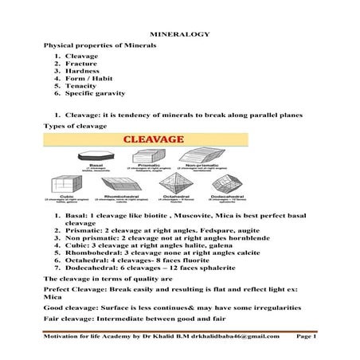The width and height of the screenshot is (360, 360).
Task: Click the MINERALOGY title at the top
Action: point(179,35)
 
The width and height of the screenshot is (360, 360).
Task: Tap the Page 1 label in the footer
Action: point(305,336)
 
